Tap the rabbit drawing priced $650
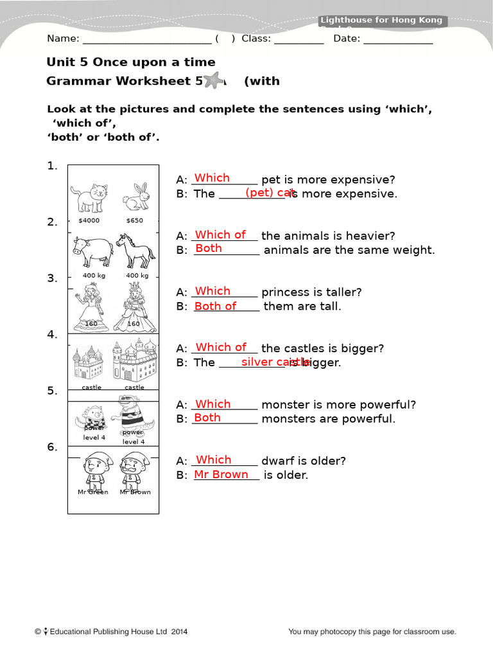click(x=135, y=197)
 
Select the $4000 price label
click(x=89, y=220)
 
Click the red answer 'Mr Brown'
click(x=221, y=474)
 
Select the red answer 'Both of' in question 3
click(x=215, y=306)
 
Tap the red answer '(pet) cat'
click(x=270, y=193)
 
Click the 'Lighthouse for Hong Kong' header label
click(x=381, y=21)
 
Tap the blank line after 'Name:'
click(x=147, y=39)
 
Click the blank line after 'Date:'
click(x=398, y=39)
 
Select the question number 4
click(x=52, y=335)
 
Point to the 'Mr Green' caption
click(x=92, y=492)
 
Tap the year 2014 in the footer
click(x=179, y=632)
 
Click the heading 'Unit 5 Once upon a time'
click(x=131, y=62)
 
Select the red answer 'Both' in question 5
click(x=207, y=418)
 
